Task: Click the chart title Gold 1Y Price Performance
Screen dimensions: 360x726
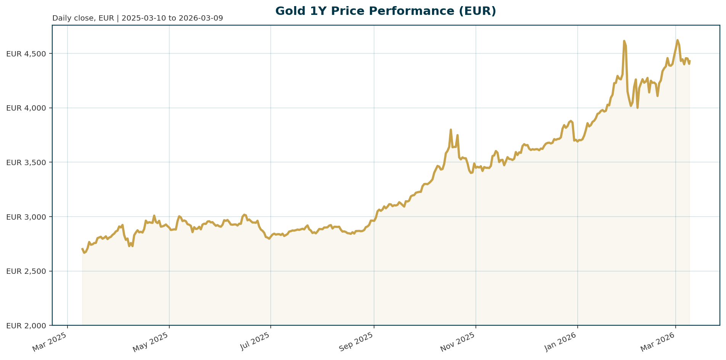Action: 385,11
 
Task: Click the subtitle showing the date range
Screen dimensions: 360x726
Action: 137,18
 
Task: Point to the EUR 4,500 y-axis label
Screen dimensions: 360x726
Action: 26,54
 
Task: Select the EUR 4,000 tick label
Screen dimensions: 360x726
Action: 26,108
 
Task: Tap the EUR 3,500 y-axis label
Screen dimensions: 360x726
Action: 26,162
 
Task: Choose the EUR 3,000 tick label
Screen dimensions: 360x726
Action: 26,217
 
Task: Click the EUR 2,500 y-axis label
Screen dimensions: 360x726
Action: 26,271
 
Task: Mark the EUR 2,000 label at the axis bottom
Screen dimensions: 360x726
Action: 26,326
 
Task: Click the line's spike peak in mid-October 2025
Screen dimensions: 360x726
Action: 451,130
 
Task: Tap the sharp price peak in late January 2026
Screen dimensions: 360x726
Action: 624,41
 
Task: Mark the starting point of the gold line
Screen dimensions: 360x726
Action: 82,249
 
